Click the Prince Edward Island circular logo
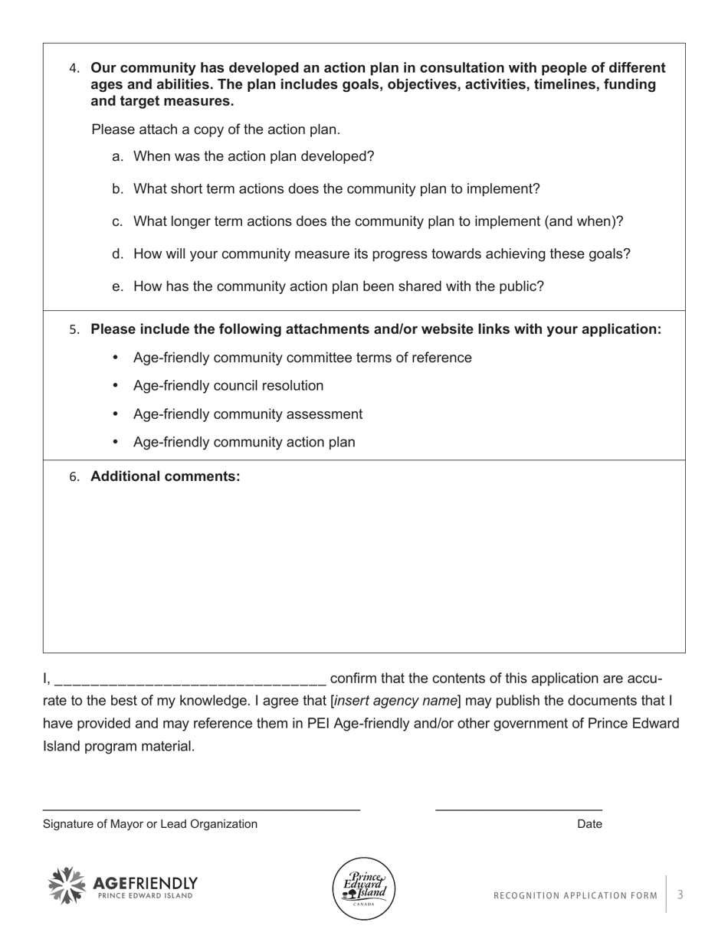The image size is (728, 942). [364, 888]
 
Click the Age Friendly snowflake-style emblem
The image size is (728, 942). [67, 886]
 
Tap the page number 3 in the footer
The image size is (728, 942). [680, 895]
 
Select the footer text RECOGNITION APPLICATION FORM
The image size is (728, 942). [575, 895]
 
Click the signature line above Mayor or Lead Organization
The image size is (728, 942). [201, 809]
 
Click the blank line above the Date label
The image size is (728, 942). [518, 809]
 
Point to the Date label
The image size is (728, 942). [589, 824]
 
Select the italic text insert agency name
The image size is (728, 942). [396, 701]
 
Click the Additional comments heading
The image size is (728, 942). [165, 476]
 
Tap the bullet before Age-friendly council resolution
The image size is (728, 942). [116, 386]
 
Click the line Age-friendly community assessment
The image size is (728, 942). [248, 414]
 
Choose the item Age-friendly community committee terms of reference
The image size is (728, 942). [302, 358]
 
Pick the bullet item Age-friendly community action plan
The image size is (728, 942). [244, 443]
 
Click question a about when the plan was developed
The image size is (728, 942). [253, 156]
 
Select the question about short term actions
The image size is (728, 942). [336, 189]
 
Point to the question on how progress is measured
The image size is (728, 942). [381, 254]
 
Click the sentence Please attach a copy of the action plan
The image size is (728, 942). [215, 129]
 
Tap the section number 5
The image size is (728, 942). [74, 330]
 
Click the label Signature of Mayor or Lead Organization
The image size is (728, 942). [150, 824]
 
